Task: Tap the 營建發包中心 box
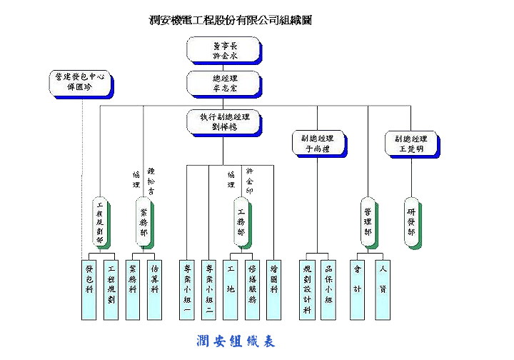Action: click(80, 83)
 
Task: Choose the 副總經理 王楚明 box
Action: click(410, 144)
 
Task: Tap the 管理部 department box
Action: click(368, 222)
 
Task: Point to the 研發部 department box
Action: click(410, 222)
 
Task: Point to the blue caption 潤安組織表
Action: click(236, 341)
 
